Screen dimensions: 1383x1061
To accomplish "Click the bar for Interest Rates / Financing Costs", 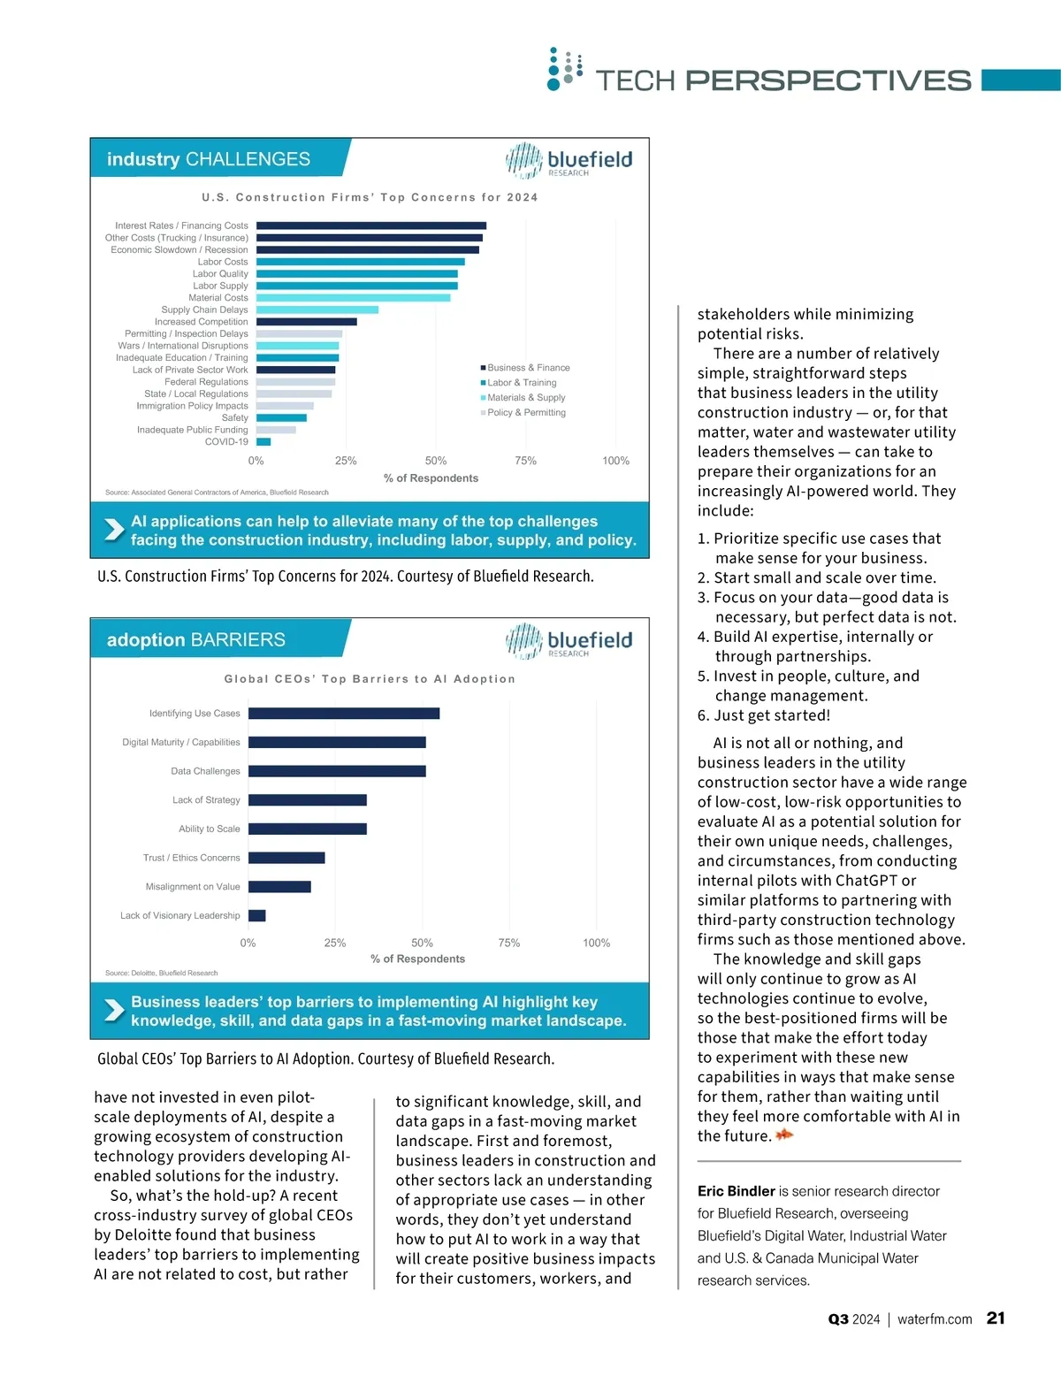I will (x=371, y=225).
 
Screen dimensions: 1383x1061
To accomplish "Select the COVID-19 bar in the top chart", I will (x=263, y=441).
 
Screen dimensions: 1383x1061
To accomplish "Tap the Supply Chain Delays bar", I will (x=317, y=309).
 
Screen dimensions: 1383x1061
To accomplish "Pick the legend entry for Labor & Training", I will (x=521, y=383).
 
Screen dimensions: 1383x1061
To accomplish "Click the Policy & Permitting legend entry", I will (x=525, y=413).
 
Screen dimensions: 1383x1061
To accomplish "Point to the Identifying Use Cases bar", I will (x=344, y=714).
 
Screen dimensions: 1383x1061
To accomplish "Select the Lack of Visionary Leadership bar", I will (x=257, y=916).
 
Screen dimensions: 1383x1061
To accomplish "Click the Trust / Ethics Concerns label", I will (x=191, y=858).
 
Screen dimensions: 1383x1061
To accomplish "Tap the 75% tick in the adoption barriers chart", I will (x=509, y=944).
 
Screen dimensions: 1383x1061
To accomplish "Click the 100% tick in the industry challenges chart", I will (x=615, y=461).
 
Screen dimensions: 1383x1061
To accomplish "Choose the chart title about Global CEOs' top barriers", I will (x=370, y=679).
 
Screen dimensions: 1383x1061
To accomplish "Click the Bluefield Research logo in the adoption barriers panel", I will (x=569, y=641).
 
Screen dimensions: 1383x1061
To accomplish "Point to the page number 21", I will (x=996, y=1318).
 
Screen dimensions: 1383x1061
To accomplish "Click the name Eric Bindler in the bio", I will (x=736, y=1191).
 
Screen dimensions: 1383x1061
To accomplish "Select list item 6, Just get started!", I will (x=764, y=715).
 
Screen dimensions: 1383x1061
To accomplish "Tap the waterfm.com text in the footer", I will (x=935, y=1319).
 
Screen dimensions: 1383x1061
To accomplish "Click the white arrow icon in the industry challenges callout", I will (x=114, y=530).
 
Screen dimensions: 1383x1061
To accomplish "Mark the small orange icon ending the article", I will (x=784, y=1135).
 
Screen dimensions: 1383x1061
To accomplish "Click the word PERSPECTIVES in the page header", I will (x=828, y=80).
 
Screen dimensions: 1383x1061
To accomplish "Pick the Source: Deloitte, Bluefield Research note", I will (x=161, y=973).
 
